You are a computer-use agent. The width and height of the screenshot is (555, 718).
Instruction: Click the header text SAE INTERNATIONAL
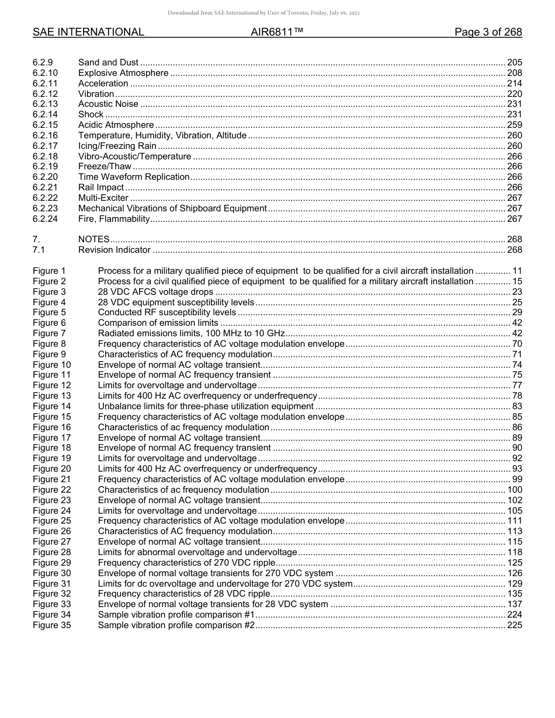click(88, 32)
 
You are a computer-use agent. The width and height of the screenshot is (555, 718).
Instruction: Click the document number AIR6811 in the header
click(273, 32)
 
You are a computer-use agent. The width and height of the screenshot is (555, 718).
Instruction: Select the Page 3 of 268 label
click(488, 32)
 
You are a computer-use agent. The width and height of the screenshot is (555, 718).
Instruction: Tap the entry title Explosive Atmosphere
click(123, 73)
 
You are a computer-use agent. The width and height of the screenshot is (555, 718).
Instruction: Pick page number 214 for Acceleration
click(514, 83)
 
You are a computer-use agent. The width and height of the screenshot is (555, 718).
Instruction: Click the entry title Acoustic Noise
click(108, 104)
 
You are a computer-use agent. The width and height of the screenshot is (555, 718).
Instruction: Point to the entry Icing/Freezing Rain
click(117, 146)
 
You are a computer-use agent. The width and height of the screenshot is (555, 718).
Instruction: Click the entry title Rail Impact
click(101, 187)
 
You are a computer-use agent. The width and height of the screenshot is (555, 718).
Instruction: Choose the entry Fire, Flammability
click(114, 219)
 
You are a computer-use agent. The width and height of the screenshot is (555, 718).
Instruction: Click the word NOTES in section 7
click(93, 239)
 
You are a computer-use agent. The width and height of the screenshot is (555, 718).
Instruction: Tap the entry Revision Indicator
click(115, 250)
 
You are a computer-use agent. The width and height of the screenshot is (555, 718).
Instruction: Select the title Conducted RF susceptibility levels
click(167, 312)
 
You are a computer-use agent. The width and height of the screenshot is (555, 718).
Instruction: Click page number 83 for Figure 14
click(517, 406)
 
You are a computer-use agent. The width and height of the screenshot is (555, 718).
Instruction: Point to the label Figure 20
click(51, 469)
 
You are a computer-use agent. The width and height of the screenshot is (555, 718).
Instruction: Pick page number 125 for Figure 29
click(514, 563)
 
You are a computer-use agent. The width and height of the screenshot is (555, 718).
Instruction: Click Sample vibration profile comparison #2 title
click(176, 625)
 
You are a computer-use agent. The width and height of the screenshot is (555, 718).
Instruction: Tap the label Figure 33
click(51, 604)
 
